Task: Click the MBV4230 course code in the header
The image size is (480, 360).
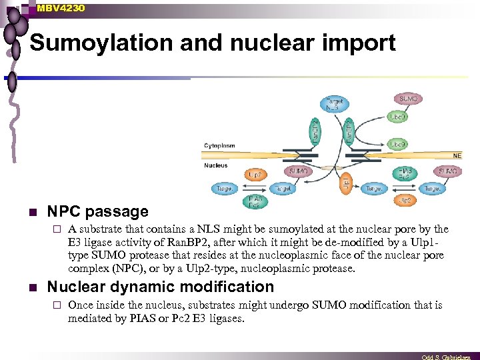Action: coord(61,7)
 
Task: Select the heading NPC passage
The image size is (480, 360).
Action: coord(97,212)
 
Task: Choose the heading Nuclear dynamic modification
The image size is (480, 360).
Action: coord(160,287)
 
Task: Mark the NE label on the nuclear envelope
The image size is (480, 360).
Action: coord(457,155)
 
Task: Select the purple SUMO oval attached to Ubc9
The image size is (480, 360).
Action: coord(407,99)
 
